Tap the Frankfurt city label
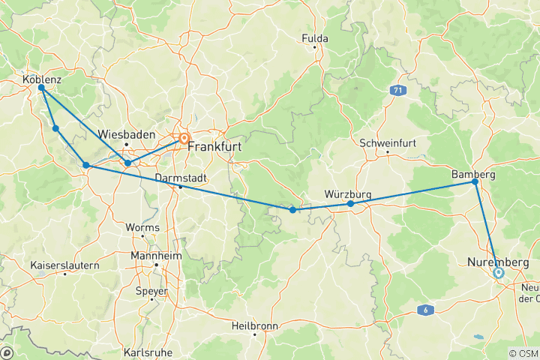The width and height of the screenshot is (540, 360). point(214,147)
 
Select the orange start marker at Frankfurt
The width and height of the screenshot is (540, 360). point(184,139)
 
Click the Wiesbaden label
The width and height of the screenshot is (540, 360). point(127,134)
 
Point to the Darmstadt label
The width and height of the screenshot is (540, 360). point(180,178)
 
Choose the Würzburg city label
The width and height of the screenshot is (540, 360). point(348,194)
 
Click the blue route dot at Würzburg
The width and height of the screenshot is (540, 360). point(350,203)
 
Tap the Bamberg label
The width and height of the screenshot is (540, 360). point(473,174)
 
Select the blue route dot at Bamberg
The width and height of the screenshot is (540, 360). point(475,182)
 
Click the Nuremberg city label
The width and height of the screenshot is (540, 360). point(498,262)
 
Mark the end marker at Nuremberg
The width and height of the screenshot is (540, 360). point(498,273)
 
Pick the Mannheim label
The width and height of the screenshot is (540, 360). point(156,254)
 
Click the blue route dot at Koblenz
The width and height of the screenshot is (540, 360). point(41,88)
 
